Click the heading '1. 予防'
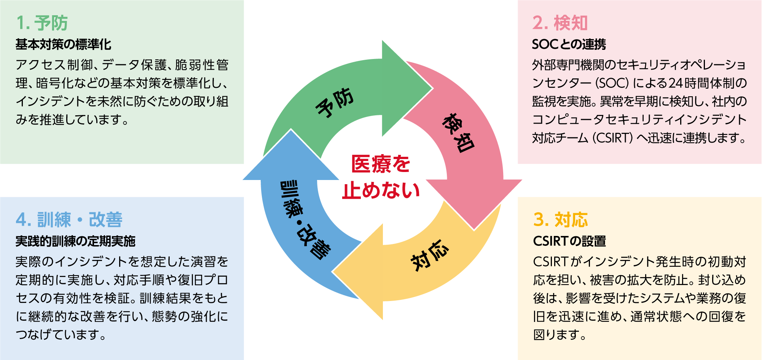42,23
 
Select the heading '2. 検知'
560,23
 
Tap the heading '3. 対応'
561,220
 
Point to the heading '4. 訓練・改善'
69,220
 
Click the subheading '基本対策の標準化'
63,45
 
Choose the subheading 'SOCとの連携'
569,45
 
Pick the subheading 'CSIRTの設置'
569,241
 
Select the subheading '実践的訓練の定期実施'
75,241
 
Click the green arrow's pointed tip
432,89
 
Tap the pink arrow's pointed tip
474,229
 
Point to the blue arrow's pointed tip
291,130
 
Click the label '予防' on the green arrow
335,102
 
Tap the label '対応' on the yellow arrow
430,255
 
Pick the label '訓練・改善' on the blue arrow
304,220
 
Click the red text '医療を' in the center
380,164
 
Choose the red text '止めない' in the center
380,191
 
